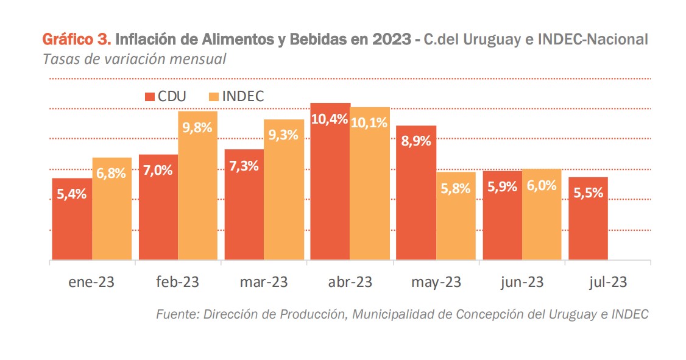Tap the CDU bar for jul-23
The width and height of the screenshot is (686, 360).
click(x=588, y=219)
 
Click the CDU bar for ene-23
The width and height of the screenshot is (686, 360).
click(x=72, y=219)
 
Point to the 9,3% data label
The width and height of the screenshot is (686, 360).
click(x=283, y=135)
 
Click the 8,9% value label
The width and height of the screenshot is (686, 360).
click(x=417, y=141)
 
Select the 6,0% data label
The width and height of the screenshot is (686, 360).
click(x=542, y=186)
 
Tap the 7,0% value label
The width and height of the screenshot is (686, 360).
click(x=158, y=171)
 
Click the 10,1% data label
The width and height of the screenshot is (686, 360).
click(x=370, y=122)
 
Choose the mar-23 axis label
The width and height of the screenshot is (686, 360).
click(x=263, y=282)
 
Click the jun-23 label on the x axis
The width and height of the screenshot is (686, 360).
click(x=522, y=282)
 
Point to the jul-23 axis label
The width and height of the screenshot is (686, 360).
click(x=607, y=282)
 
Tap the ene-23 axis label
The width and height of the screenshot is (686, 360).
click(x=91, y=282)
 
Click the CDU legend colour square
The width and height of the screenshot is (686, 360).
click(x=149, y=96)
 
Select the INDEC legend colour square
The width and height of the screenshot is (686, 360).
click(x=213, y=96)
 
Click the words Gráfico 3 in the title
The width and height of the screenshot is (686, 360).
click(x=76, y=40)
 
